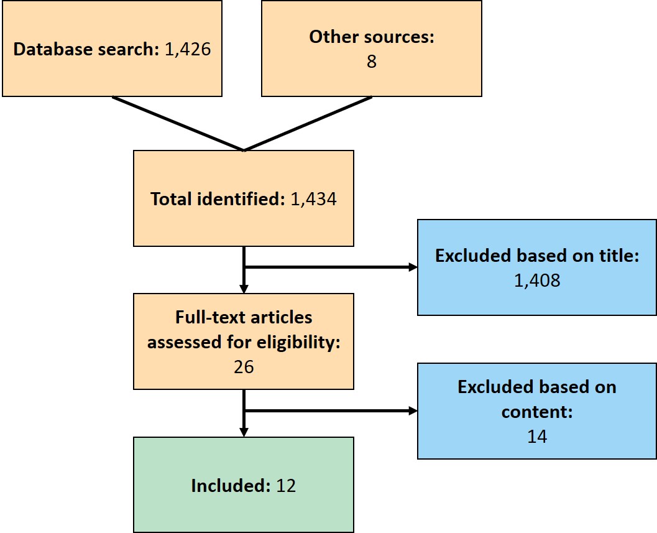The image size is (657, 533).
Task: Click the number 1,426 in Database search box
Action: coord(188,50)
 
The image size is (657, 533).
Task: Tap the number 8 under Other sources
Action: coord(372,61)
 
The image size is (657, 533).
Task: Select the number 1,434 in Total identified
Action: coord(313,199)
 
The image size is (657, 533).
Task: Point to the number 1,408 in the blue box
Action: coord(537,280)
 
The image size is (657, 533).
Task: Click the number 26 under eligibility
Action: coord(244,367)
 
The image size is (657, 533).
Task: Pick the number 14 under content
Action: coord(537,437)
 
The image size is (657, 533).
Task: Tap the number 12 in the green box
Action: coord(286,486)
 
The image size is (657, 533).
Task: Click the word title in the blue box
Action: coord(619,256)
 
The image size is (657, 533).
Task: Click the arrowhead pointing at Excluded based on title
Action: coord(413,267)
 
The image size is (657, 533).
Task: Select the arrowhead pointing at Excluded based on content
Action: coord(413,410)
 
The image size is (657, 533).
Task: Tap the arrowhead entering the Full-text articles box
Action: coord(244,289)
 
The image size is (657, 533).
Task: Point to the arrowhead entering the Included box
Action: coord(244,432)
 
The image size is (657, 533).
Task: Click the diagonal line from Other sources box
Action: coord(308,124)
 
